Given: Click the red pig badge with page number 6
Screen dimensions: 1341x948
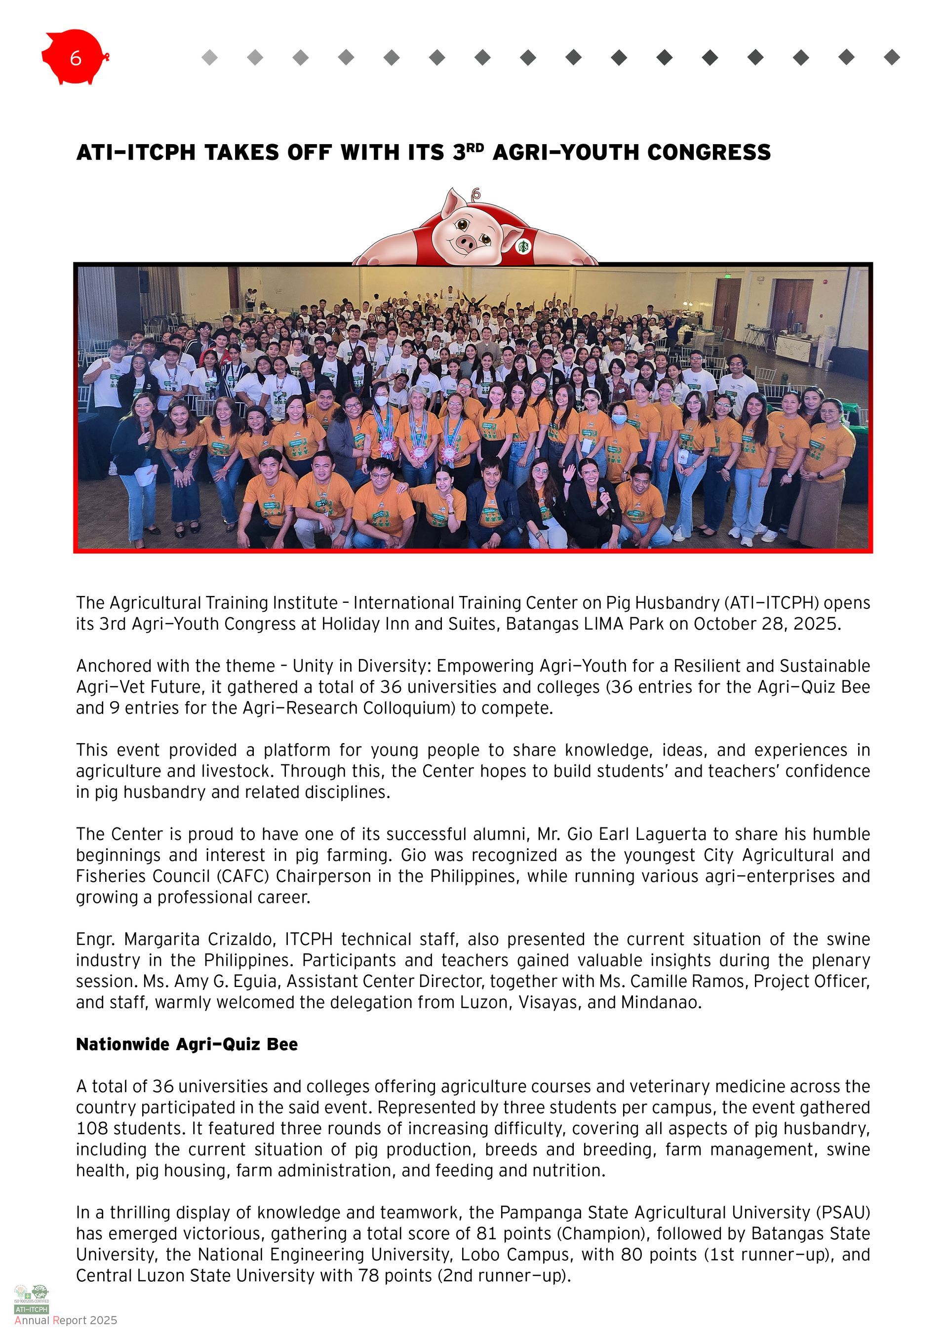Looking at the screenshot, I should [x=75, y=57].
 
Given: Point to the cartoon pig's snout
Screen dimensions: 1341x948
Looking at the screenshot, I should [x=467, y=241].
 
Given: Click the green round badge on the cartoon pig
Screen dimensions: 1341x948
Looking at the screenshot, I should [x=523, y=246].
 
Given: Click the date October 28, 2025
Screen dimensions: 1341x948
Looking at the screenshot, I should [x=767, y=624].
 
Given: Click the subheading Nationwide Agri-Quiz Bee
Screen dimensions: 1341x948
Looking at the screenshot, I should [x=187, y=1044].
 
